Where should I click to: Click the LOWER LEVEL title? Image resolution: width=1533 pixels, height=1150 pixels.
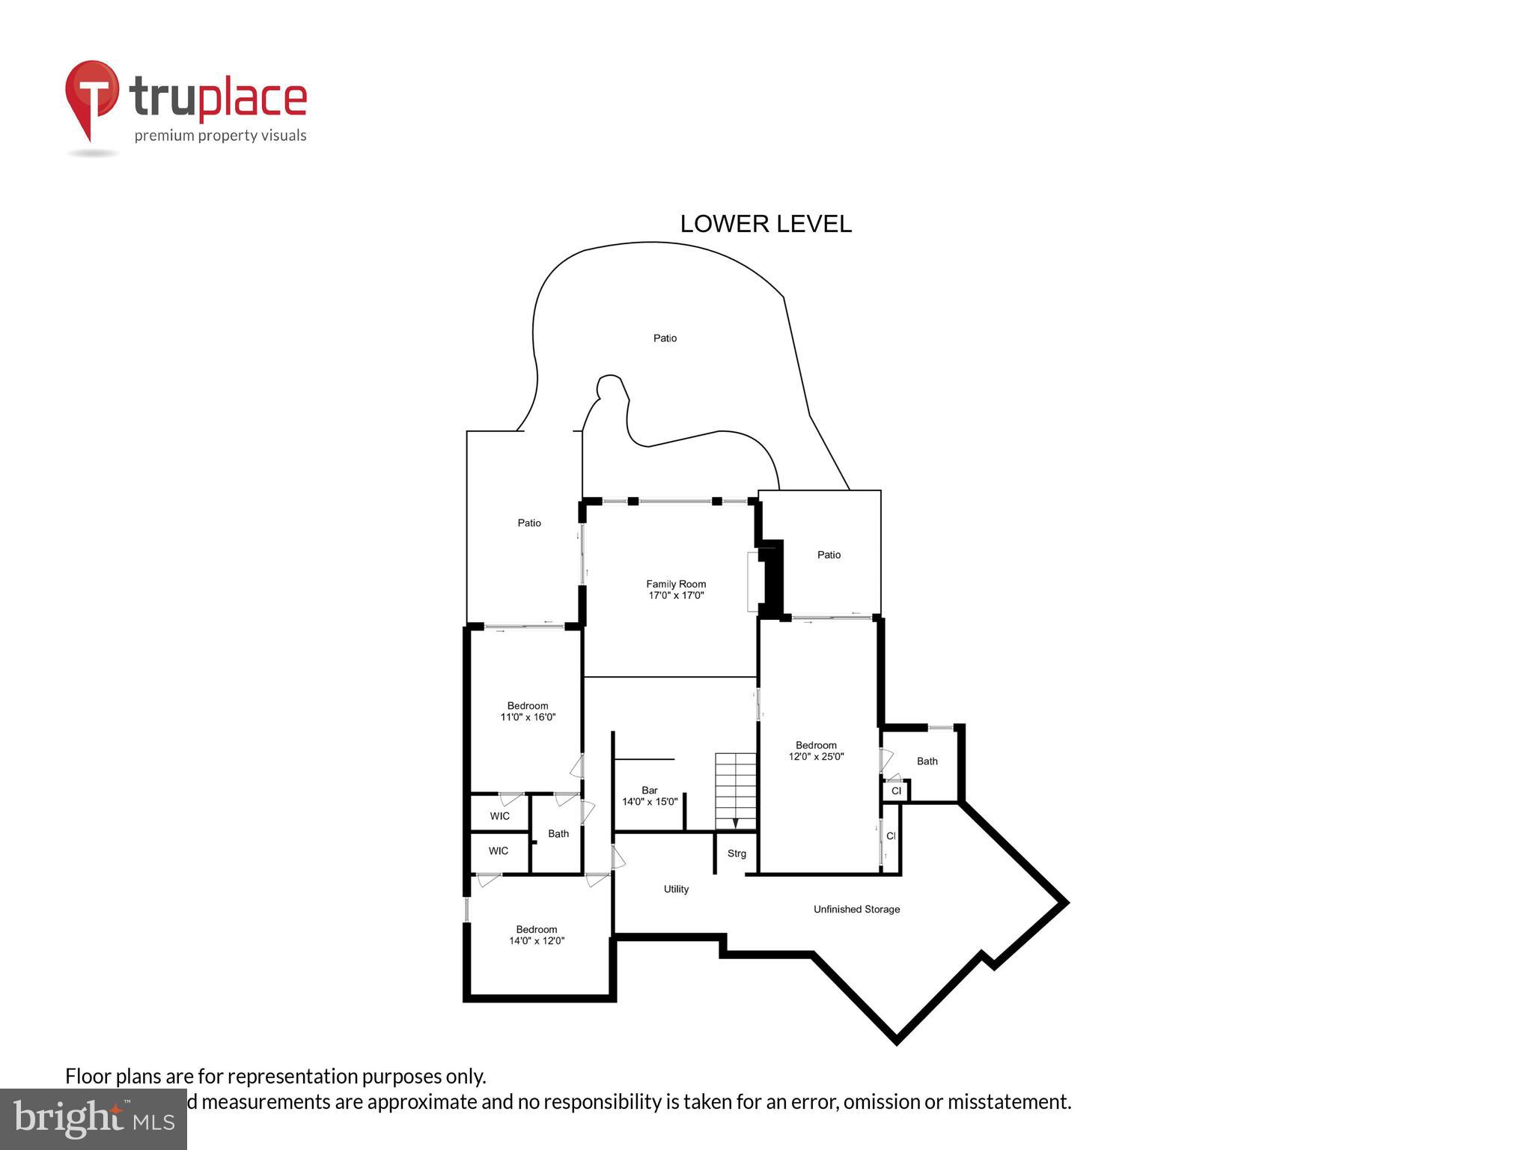(765, 224)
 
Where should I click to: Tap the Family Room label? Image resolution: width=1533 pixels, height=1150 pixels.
(676, 584)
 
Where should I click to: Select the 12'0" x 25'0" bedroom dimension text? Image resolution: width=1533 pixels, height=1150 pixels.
(816, 757)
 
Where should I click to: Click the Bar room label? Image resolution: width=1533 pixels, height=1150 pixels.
(649, 790)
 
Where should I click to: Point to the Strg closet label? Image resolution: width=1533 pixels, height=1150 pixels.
(737, 854)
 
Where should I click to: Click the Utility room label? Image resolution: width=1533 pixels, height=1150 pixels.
(676, 889)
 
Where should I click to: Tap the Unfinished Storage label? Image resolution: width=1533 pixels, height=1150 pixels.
(856, 910)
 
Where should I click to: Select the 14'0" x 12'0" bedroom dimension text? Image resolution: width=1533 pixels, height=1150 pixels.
(537, 941)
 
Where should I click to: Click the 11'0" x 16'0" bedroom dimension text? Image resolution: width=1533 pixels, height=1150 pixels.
(528, 717)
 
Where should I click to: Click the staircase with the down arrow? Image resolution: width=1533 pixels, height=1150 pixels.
(736, 791)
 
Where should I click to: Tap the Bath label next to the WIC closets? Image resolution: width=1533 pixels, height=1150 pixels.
(558, 834)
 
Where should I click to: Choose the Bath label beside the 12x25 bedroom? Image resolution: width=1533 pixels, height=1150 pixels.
(927, 761)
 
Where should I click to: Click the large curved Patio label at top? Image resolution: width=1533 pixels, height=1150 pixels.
(665, 338)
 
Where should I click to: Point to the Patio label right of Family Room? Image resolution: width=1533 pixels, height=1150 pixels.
(829, 555)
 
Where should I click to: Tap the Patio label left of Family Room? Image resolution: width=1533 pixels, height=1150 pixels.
(529, 523)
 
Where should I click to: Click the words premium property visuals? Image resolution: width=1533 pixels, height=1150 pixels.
(220, 136)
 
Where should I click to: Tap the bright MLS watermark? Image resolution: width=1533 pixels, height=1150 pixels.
(94, 1119)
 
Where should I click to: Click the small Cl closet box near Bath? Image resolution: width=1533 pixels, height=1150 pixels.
(896, 791)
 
